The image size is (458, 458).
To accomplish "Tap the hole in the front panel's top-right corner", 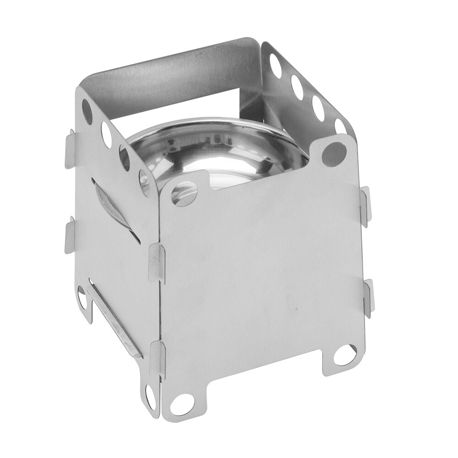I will point(335,153).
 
